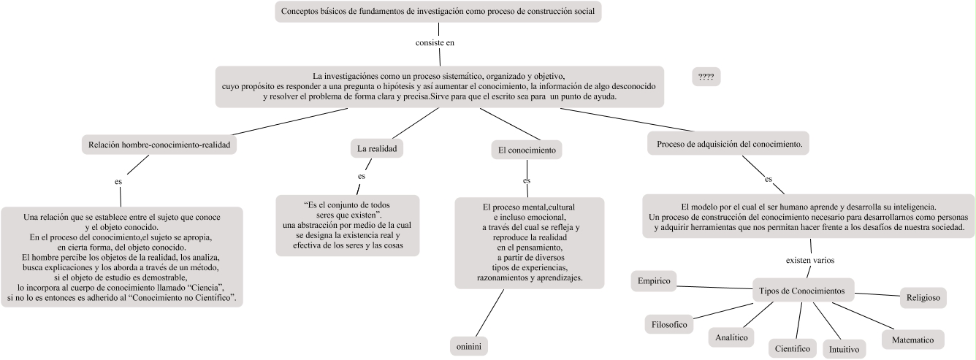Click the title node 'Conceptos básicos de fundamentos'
[439, 12]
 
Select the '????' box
[706, 77]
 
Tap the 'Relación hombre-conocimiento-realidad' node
[159, 145]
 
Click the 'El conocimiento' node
[526, 150]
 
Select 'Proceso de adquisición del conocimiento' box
[729, 144]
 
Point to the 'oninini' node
[468, 345]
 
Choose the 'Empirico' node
[654, 280]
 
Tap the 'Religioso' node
[923, 297]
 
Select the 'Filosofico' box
[669, 324]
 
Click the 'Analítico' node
[731, 337]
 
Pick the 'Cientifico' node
[793, 348]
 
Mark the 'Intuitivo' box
[844, 349]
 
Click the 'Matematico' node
[912, 340]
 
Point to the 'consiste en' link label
[435, 42]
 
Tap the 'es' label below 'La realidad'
[361, 176]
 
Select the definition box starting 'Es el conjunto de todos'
[348, 225]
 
